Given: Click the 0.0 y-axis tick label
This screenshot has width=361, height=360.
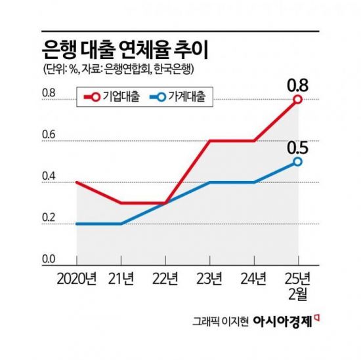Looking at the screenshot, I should [49, 260].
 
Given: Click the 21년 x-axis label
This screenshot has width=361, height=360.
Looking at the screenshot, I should [121, 280].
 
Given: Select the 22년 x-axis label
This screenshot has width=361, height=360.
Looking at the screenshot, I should [165, 280].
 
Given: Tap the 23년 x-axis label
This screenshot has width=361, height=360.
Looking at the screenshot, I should [209, 280].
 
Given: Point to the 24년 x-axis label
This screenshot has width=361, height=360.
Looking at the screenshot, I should [253, 280].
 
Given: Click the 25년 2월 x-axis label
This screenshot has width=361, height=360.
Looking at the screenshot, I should [297, 287].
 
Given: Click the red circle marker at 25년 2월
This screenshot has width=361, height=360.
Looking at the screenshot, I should [297, 99].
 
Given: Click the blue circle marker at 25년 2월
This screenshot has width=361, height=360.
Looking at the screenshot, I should [297, 161].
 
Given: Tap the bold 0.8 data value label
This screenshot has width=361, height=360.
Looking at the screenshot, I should [297, 83].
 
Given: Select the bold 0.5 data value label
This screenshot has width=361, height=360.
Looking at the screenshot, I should [297, 146].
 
